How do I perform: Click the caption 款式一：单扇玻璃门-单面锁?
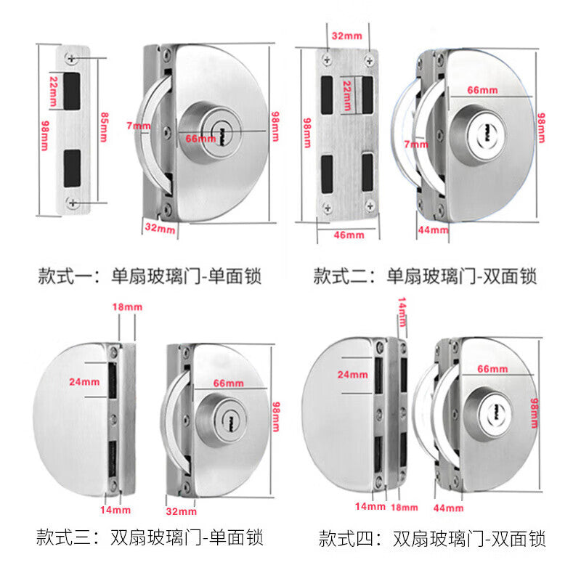tap(150, 277)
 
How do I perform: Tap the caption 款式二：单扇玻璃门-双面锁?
tap(425, 277)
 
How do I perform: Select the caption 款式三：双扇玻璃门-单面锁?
tap(150, 537)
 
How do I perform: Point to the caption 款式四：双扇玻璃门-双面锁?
tap(432, 538)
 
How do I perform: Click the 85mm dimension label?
tap(104, 127)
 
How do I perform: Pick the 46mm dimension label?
tap(349, 235)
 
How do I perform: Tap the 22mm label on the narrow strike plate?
tap(54, 92)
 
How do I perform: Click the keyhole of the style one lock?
tap(223, 131)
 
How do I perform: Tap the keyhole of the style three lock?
tap(230, 421)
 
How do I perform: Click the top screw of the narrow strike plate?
tap(71, 58)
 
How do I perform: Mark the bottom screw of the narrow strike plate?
tap(72, 203)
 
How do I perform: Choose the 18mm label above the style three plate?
tap(128, 306)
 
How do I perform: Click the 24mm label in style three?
tap(84, 382)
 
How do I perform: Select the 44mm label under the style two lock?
tap(433, 230)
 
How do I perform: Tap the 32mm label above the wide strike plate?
tap(347, 36)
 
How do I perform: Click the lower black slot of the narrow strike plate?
tap(72, 168)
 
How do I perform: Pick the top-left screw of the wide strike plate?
tap(327, 60)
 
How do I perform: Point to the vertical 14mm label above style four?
tap(402, 312)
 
